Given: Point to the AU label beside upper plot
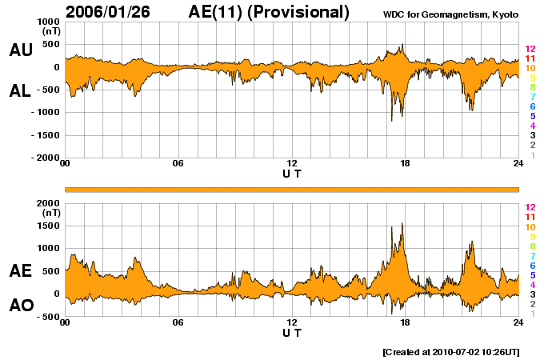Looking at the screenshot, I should (x=21, y=50).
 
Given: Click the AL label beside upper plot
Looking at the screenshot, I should (x=21, y=91).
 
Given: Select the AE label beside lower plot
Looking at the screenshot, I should (x=21, y=271).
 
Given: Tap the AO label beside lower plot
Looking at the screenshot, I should (x=21, y=306).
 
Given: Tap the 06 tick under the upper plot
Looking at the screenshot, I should (x=178, y=164).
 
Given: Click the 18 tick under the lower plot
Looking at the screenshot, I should (x=405, y=322).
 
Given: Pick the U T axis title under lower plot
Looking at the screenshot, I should (x=291, y=333).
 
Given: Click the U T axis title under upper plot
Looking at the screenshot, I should (x=291, y=174).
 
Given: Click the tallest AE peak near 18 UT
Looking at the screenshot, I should (x=402, y=224).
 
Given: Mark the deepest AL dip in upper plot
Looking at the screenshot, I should (x=391, y=120).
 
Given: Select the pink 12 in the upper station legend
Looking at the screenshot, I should (x=530, y=50).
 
